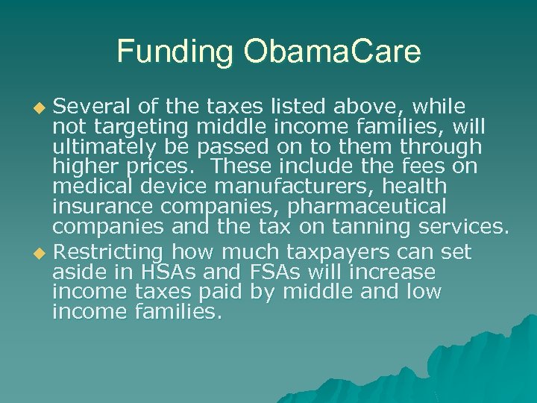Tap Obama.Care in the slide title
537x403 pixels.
pyautogui.click(x=330, y=51)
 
